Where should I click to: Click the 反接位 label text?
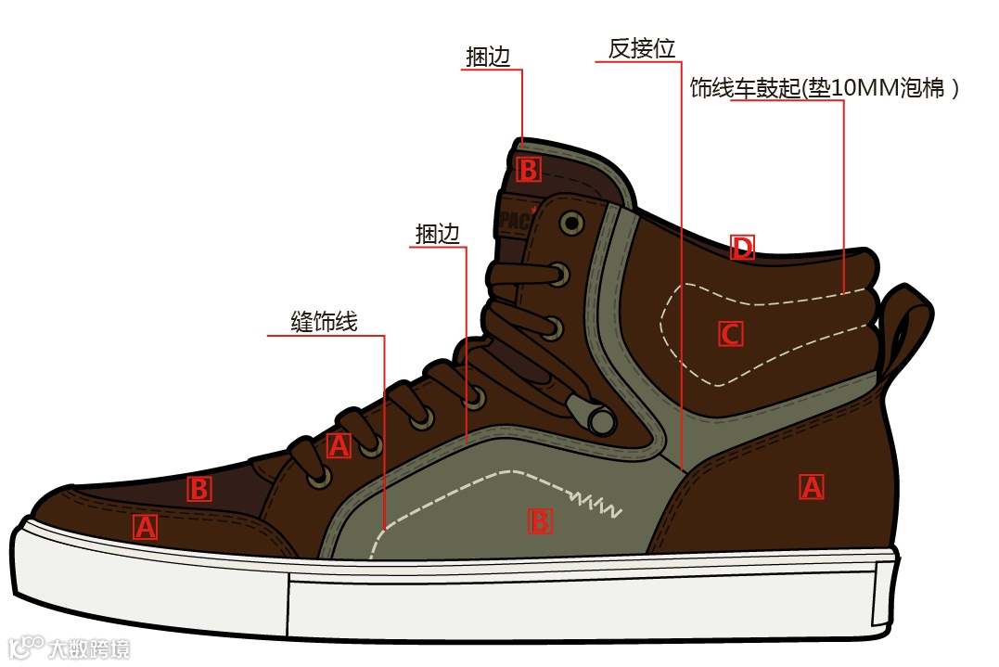[641, 48]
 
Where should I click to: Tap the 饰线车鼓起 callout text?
[824, 89]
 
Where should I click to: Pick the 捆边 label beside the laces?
[438, 235]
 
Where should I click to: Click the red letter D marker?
[742, 248]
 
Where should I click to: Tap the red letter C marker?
[731, 334]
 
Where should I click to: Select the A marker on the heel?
[812, 487]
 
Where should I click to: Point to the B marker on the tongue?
[528, 170]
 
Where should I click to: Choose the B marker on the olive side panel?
[540, 521]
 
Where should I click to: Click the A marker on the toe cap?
[145, 527]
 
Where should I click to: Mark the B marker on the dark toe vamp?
[199, 489]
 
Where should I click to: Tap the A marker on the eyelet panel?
[339, 446]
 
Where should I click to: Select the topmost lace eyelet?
[570, 224]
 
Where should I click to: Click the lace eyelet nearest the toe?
[322, 475]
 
